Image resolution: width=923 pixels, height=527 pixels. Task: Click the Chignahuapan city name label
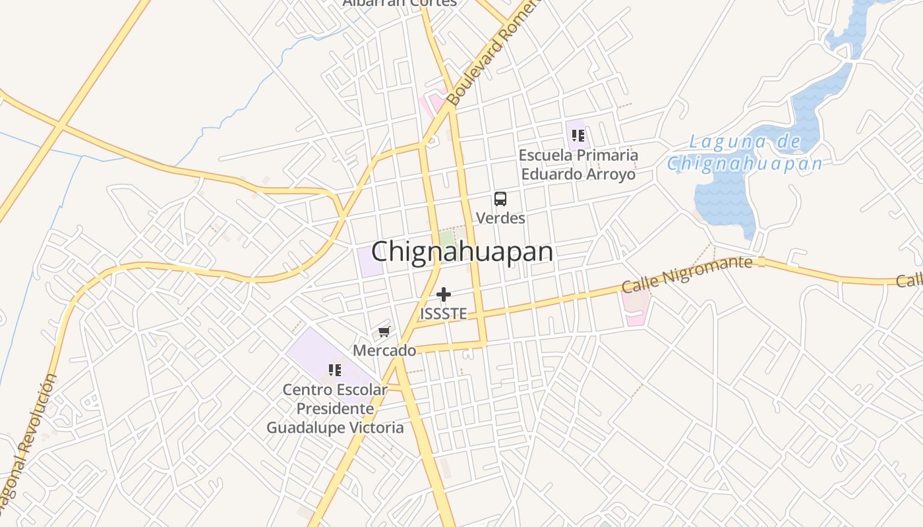click(x=461, y=252)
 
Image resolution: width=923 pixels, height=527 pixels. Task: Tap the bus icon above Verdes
click(x=500, y=198)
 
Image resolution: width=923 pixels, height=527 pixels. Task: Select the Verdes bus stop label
click(x=500, y=217)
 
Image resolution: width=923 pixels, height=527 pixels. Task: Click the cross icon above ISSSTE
click(x=444, y=294)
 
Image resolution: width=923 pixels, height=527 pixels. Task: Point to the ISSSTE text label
click(x=444, y=314)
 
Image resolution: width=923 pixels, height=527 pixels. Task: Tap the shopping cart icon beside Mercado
click(x=384, y=331)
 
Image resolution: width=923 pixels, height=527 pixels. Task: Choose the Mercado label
click(x=384, y=350)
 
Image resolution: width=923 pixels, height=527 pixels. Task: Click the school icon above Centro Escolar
click(x=335, y=370)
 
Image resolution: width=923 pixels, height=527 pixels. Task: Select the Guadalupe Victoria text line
click(x=335, y=428)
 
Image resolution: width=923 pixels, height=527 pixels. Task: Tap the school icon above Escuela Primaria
click(x=578, y=136)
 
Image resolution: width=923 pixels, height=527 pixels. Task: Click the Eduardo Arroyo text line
click(x=578, y=175)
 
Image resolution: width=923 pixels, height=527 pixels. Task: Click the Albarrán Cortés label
click(x=400, y=3)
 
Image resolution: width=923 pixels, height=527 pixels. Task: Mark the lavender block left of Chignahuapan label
click(x=371, y=262)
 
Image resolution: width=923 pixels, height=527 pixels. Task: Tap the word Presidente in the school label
click(x=335, y=408)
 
